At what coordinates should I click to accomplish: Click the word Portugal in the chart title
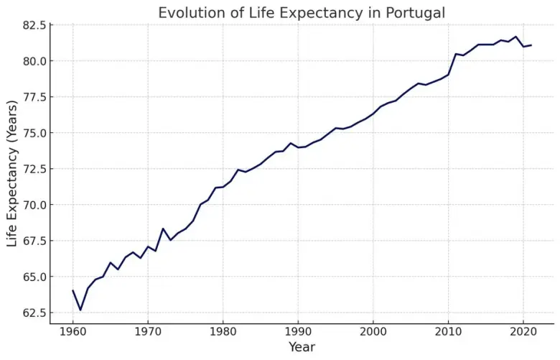(x=409, y=13)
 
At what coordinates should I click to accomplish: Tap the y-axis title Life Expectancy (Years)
(x=13, y=175)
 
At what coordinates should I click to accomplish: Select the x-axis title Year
(x=302, y=347)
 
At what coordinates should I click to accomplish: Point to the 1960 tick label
(x=73, y=332)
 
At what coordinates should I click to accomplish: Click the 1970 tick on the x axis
(x=148, y=332)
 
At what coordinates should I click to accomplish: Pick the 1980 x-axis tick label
(x=223, y=332)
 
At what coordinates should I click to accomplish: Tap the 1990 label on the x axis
(x=298, y=332)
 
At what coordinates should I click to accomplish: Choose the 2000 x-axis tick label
(x=373, y=332)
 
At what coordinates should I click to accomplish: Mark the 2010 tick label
(x=448, y=332)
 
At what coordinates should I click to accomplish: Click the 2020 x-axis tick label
(x=523, y=332)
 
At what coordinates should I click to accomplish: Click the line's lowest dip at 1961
(x=80, y=310)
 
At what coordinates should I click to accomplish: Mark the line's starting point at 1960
(x=73, y=290)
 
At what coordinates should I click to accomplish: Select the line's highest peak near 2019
(x=515, y=37)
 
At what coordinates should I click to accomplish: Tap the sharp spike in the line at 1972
(x=163, y=229)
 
